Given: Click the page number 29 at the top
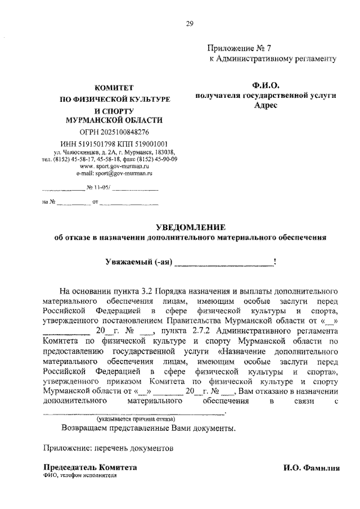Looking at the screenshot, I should (x=190, y=23).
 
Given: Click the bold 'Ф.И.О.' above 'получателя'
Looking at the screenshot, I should (x=265, y=85).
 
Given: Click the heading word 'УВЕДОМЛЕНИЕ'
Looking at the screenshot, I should (x=190, y=227).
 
